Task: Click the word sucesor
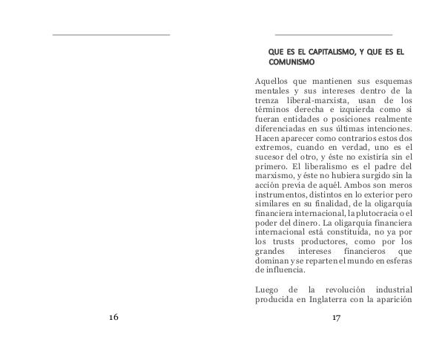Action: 271,158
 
